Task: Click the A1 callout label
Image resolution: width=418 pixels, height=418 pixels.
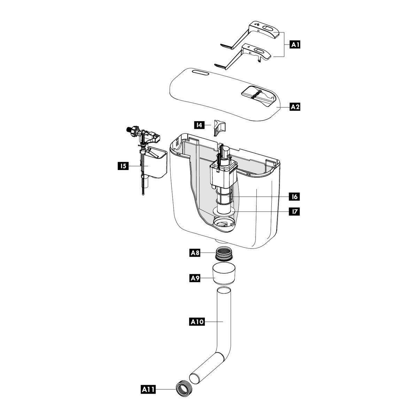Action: [x=295, y=45]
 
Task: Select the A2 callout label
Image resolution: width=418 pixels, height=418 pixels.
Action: [x=295, y=107]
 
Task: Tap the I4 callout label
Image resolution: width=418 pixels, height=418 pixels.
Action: [x=199, y=125]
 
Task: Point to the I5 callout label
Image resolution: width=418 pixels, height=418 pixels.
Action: [x=123, y=166]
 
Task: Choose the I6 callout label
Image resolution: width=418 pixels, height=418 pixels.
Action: [x=295, y=197]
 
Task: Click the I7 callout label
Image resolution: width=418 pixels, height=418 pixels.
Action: [x=294, y=211]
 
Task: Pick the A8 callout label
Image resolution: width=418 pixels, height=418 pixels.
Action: [x=195, y=253]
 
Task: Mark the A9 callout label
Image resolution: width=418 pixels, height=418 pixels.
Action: [x=195, y=278]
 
